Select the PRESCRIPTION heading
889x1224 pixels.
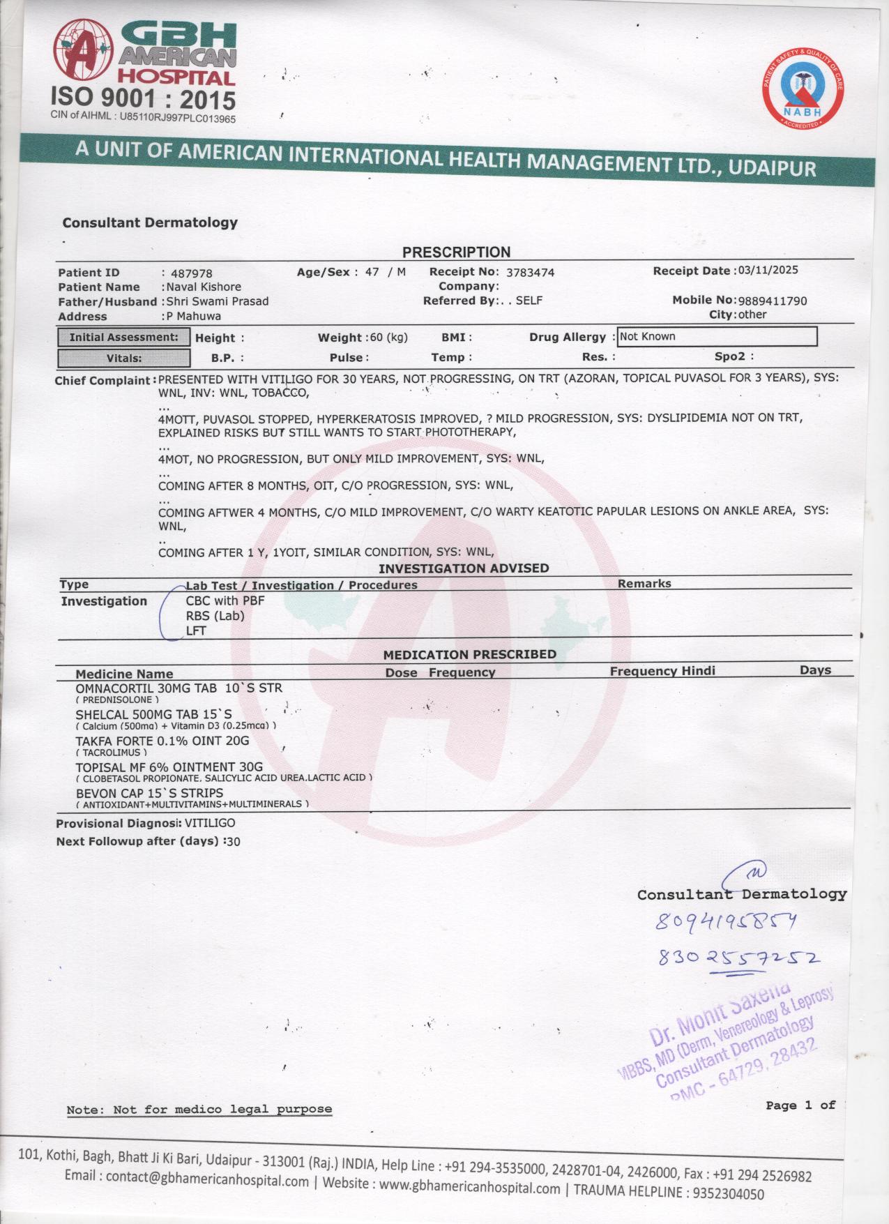456,252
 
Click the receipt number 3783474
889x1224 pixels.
530,272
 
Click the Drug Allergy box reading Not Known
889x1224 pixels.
717,337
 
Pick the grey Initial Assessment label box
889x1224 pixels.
123,338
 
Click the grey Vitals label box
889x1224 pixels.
123,358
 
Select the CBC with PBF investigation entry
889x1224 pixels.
225,600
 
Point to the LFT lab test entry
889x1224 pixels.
196,631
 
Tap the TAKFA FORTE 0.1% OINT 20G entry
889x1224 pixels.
162,741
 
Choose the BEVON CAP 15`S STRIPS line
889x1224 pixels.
149,793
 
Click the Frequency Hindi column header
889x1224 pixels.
662,671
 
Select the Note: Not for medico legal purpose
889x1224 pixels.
199,1109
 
